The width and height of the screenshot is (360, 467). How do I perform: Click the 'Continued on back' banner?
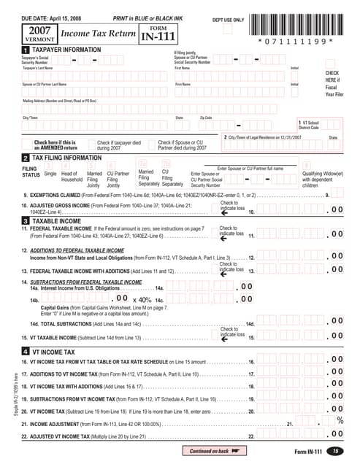[x=215, y=451]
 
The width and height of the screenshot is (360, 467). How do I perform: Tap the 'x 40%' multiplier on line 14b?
[x=145, y=299]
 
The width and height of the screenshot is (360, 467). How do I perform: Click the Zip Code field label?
[x=206, y=117]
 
